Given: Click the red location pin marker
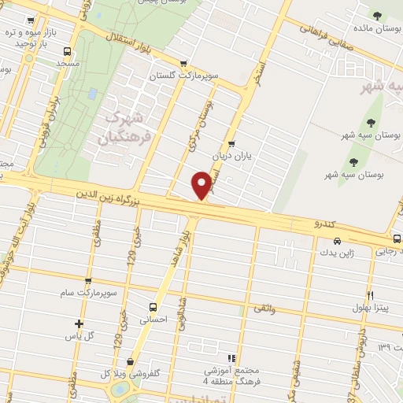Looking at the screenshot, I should coord(203,185).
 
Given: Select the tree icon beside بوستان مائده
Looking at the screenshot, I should coord(377,16).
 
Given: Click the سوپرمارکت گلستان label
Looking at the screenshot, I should coord(183,77).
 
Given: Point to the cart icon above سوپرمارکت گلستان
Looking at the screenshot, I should coord(183,64).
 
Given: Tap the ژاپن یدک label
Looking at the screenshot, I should coord(337,253).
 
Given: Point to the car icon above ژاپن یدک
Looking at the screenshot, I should coord(337,241).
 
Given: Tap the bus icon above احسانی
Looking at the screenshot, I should coord(153,307).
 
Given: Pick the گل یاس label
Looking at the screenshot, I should coord(79,336).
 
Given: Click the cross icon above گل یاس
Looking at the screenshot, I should coord(79,324).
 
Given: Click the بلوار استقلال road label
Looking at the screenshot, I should coord(146,48).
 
